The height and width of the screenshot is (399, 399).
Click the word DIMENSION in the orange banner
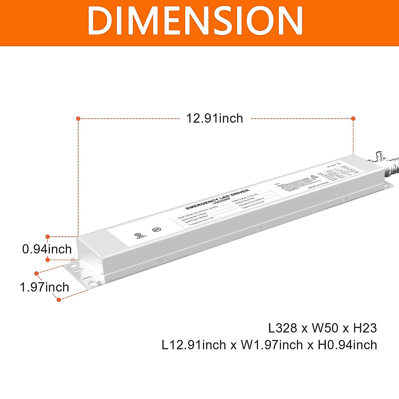[195, 21]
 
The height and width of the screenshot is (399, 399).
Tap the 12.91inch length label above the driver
[214, 118]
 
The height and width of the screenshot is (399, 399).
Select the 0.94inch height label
[47, 249]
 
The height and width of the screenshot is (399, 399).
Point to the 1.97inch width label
[44, 287]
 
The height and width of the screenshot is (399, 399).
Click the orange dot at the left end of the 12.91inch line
[78, 118]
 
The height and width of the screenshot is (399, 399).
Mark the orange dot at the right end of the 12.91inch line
[353, 118]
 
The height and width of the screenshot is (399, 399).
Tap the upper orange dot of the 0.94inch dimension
[48, 237]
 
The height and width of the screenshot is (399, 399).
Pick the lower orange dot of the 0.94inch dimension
[48, 259]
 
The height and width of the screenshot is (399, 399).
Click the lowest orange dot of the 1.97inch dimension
[59, 300]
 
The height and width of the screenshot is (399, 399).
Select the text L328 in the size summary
[283, 328]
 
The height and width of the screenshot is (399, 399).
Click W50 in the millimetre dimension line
[325, 328]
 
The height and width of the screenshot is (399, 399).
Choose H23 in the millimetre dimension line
[365, 328]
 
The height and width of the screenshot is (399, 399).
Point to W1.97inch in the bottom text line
[272, 345]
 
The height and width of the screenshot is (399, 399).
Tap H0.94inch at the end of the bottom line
[347, 345]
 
